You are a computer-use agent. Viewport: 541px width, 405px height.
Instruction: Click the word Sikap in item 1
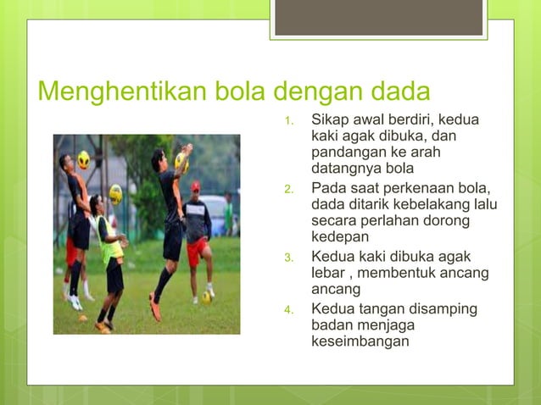pos(330,119)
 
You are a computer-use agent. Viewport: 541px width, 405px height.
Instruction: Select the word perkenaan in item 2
pos(415,187)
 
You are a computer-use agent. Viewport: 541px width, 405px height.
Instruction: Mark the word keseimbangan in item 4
pos(360,341)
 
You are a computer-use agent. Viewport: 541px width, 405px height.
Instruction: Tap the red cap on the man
pos(196,186)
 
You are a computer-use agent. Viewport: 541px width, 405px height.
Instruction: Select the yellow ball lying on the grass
pos(206,297)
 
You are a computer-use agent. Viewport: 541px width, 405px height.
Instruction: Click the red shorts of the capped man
pos(197,251)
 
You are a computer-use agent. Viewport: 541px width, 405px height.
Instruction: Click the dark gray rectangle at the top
pos(378,17)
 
